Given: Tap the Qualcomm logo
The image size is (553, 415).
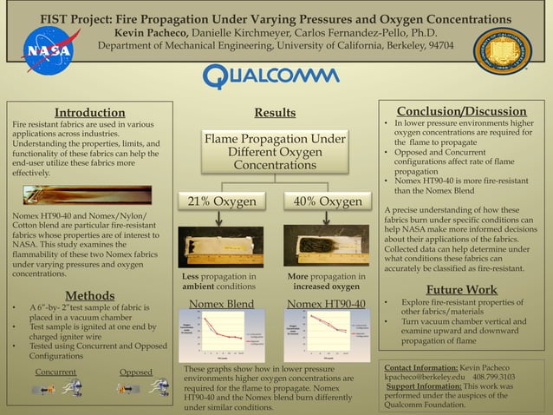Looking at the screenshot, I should point(272,76).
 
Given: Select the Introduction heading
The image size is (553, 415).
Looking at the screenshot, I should point(89,112).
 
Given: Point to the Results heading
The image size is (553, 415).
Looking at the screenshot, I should point(275,112).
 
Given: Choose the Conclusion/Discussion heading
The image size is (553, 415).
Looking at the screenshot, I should point(460,111).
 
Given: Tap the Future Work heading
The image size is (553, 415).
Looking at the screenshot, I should point(462,289).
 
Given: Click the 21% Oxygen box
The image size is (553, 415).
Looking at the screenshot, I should point(223,201).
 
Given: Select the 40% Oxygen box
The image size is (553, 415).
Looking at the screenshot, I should point(328,201).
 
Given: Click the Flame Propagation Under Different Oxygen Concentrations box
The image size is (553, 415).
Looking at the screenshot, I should point(274,152).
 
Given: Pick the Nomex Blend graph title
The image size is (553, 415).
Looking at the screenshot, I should point(222,304).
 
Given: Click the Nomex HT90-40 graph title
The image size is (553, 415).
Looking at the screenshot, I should point(327,304).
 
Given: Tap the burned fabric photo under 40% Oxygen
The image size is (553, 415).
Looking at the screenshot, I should point(327,245).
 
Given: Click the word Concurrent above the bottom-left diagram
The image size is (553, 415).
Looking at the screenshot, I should point(55,372).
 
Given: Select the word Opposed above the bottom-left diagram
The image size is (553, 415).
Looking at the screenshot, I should point(136,372).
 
